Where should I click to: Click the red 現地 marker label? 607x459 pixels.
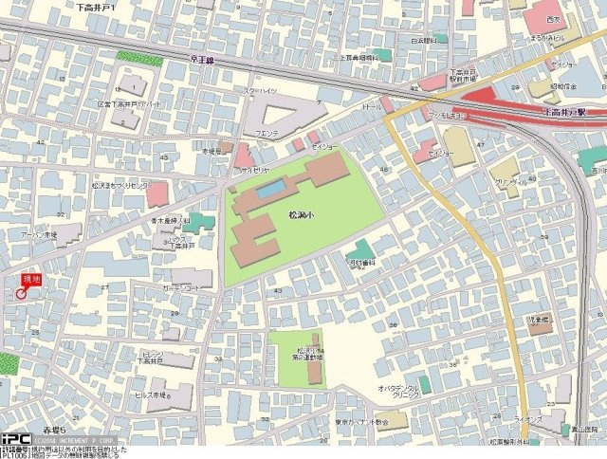point(32,280)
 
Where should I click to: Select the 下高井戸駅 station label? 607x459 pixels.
point(565,111)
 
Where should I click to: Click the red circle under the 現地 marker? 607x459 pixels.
point(21,294)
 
